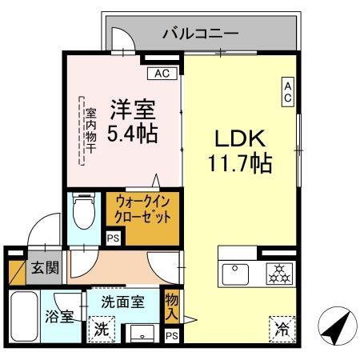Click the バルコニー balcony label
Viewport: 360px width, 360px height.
[201, 34]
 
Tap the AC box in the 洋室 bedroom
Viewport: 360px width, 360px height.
[162, 74]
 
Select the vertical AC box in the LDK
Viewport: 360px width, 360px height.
[288, 92]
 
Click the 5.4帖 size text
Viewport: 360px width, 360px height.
[132, 134]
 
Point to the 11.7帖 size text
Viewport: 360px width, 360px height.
[240, 163]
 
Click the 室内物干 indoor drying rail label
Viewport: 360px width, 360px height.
[91, 130]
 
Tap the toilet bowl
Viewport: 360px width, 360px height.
[84, 210]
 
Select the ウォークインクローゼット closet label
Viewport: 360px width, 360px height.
[142, 210]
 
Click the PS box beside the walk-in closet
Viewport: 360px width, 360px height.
[114, 238]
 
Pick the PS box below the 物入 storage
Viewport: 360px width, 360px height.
[172, 336]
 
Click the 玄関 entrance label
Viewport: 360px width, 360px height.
[45, 267]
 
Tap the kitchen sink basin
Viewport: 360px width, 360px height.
[235, 274]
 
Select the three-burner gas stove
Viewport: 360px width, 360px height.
[279, 274]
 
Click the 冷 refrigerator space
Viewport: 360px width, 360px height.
[282, 330]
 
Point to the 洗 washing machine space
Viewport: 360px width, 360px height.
[102, 330]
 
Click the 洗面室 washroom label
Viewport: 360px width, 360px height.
[123, 302]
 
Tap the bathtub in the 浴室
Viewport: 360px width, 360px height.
[24, 316]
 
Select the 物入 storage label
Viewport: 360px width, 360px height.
[171, 307]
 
